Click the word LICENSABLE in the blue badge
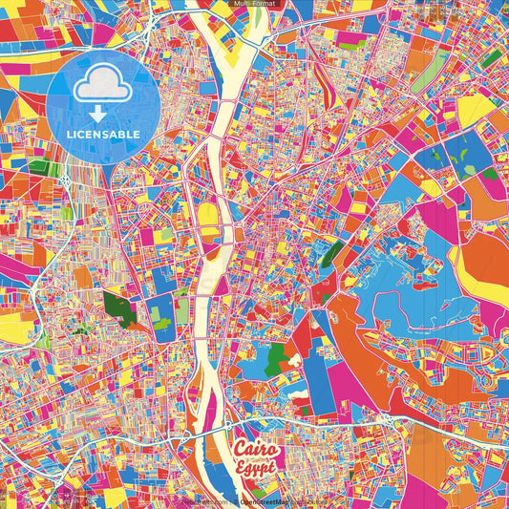(x=103, y=135)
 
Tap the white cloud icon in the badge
(x=103, y=89)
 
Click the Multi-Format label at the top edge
(x=254, y=5)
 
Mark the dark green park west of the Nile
(x=120, y=308)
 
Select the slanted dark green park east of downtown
(x=332, y=253)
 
